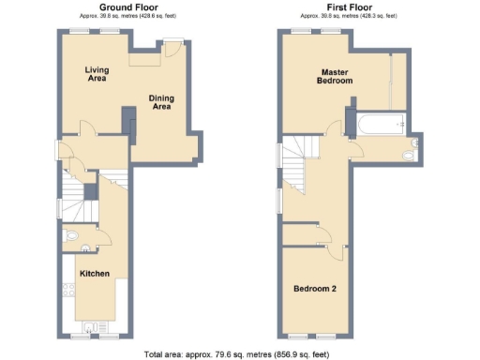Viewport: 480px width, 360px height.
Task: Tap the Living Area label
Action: pos(97,73)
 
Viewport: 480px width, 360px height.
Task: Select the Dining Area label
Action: pos(161,102)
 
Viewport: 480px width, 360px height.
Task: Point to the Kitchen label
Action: pos(95,274)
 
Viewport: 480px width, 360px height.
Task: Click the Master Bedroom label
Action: pos(337,76)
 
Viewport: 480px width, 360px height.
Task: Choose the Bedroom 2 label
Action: pos(315,288)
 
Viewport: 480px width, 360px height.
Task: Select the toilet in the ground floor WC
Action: pos(70,235)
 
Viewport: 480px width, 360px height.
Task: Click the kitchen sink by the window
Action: pos(92,327)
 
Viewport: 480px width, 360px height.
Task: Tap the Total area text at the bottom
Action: pos(238,353)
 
